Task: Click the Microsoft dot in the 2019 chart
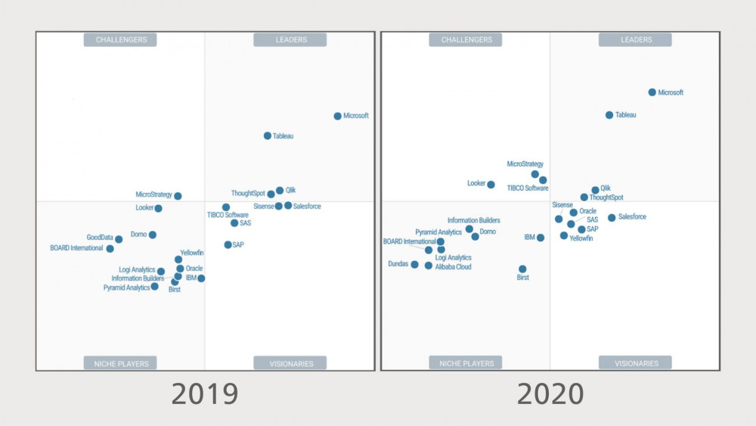338,116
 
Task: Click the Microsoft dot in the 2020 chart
652,92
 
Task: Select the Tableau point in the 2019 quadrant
267,136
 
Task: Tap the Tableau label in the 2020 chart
625,115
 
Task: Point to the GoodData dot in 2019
119,239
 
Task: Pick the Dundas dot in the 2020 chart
414,265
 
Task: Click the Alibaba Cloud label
454,266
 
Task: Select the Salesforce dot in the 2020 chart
612,218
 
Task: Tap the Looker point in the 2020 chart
491,185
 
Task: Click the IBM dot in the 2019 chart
201,278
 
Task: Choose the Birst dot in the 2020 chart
522,269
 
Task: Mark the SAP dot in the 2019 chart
228,244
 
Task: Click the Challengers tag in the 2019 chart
120,39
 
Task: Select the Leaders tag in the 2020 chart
636,39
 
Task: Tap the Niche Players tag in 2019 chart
120,363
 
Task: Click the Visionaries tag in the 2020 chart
636,363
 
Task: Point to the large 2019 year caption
205,394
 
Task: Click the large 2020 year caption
550,394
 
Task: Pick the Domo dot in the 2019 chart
152,235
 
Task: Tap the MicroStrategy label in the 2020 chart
525,163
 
